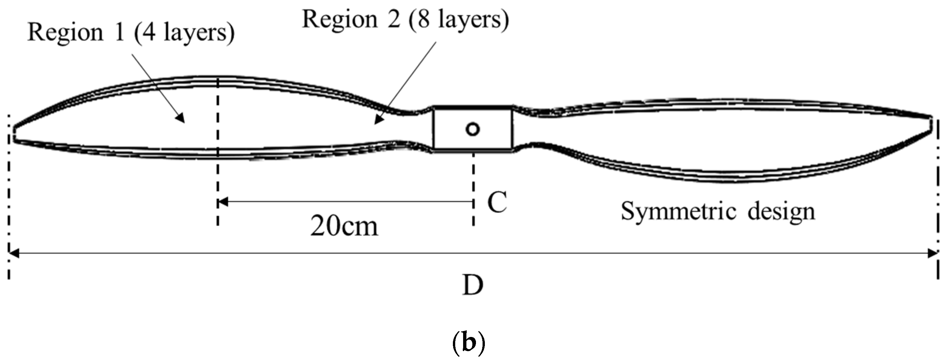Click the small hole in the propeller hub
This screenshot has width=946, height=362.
point(473,129)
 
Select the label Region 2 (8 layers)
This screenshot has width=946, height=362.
point(405,19)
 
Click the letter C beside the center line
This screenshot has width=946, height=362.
point(497,202)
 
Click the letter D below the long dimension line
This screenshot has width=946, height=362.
point(472,285)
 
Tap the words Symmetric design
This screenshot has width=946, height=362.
point(718,211)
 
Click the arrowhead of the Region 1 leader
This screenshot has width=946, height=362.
point(181,118)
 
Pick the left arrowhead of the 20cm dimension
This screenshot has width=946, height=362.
point(222,202)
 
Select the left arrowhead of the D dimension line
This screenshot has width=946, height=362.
point(13,253)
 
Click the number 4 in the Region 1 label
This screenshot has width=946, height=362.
point(148,33)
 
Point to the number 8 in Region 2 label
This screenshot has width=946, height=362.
point(424,19)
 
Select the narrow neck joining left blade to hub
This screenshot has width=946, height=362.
point(413,128)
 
